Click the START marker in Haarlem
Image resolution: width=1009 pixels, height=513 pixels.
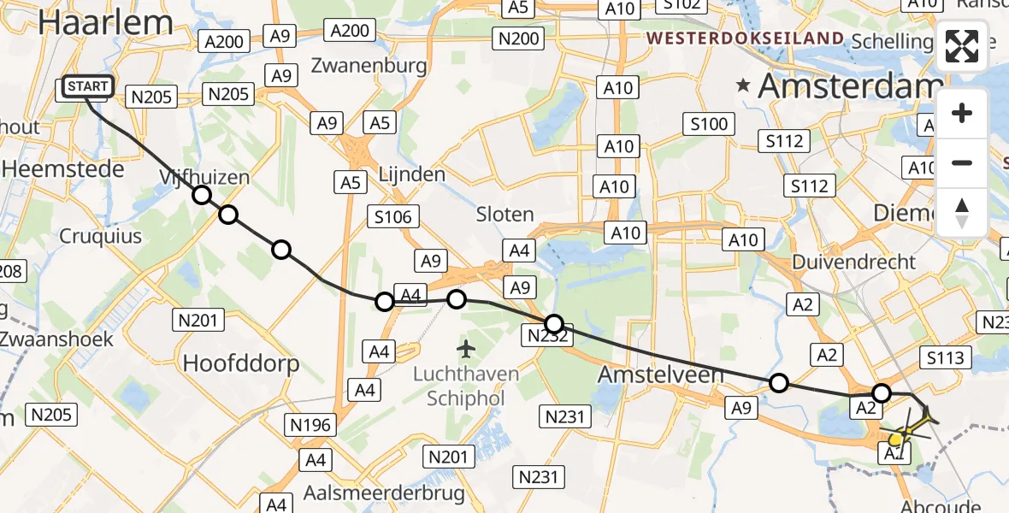[87, 86]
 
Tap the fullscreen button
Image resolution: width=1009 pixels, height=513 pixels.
[962, 46]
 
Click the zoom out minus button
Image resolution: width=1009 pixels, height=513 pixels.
[962, 162]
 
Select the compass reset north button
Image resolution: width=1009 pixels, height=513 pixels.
[962, 213]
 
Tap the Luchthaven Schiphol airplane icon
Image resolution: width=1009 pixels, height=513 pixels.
[465, 349]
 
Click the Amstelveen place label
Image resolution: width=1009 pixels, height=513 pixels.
[659, 374]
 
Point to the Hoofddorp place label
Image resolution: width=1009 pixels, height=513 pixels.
[240, 363]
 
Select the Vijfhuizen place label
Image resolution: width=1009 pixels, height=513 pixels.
[204, 177]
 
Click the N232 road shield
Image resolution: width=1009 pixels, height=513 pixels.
[546, 336]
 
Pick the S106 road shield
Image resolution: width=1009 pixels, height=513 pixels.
[392, 216]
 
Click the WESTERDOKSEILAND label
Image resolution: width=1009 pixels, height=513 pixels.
[746, 38]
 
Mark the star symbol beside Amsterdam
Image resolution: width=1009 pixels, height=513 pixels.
[744, 85]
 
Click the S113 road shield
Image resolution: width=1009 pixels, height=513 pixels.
[943, 357]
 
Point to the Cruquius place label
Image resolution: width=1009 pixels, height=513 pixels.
[101, 235]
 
